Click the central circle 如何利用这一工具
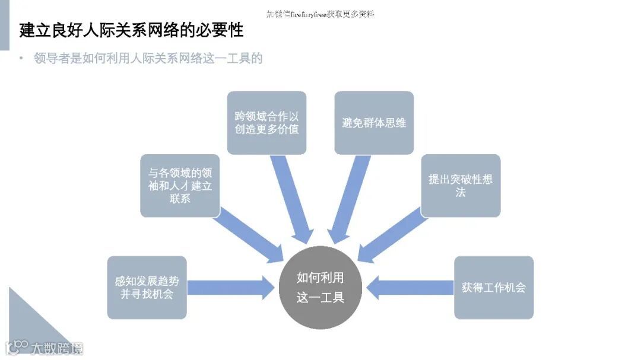tap(320, 288)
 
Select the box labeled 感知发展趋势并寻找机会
tap(147, 287)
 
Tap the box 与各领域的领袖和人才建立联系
tap(180, 185)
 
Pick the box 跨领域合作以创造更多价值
tap(266, 122)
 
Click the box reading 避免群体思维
tap(374, 122)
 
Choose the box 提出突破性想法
tap(461, 185)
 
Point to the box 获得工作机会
tap(494, 287)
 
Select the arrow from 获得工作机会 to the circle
tap(410, 287)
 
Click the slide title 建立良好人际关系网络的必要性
tap(131, 30)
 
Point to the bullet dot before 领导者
tap(21, 58)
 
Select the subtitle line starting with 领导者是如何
tap(148, 58)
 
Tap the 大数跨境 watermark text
tap(57, 348)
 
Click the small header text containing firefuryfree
tap(320, 14)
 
